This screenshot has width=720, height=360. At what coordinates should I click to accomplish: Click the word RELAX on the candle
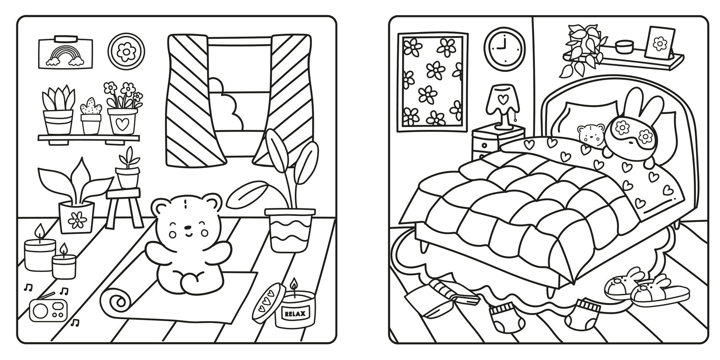295,314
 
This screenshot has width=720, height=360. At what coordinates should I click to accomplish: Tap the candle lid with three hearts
267,301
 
